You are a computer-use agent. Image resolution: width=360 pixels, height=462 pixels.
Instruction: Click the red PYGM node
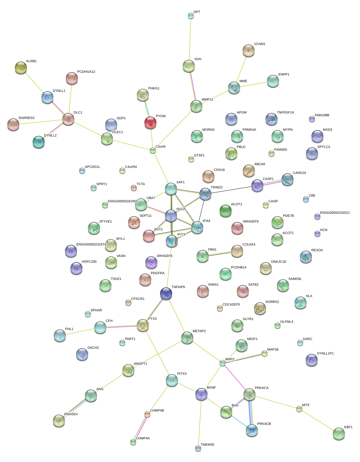[x=150, y=123]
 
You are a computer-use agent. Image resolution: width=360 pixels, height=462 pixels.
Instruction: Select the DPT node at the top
[x=191, y=16]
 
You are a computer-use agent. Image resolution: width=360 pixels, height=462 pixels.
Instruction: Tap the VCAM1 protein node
[x=248, y=51]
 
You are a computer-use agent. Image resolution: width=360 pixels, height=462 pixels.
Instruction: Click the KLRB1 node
[x=21, y=68]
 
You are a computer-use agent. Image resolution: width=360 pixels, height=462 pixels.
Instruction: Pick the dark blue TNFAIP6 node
[x=166, y=294]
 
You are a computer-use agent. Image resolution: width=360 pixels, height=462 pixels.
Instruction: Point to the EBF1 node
[x=339, y=434]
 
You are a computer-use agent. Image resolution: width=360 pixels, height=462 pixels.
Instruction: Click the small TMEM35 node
[x=198, y=448]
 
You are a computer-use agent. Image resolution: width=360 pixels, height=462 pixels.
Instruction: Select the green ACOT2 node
[x=225, y=211]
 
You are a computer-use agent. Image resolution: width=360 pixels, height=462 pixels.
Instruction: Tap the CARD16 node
[x=287, y=179]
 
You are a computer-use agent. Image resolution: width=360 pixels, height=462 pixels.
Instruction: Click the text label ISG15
[x=181, y=209]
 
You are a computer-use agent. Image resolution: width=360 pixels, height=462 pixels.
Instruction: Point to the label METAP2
[x=199, y=331]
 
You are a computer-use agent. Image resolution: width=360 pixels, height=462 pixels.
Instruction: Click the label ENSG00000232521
[x=335, y=213]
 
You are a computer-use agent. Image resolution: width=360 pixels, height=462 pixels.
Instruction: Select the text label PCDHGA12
[x=86, y=72]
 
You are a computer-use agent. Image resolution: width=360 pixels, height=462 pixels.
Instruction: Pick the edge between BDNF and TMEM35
[x=200, y=421]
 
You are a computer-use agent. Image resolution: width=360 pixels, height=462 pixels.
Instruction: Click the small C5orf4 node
[x=153, y=150]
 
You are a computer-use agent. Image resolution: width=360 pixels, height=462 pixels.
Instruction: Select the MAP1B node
[x=264, y=353]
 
